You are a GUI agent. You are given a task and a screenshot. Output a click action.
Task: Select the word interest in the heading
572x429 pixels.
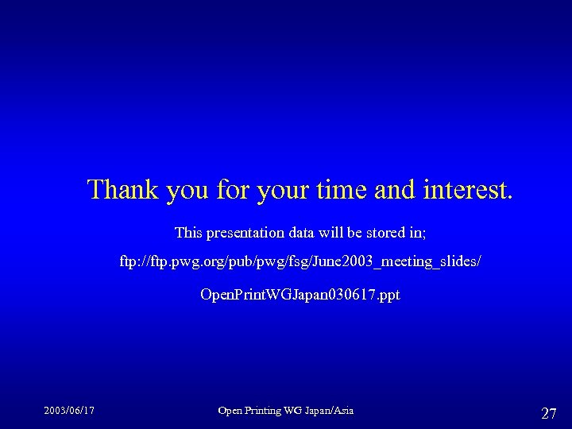click(x=466, y=190)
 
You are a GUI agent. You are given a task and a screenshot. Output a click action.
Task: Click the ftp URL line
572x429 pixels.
click(x=300, y=261)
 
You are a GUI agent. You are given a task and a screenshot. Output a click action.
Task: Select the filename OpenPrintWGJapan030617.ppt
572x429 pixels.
click(x=300, y=295)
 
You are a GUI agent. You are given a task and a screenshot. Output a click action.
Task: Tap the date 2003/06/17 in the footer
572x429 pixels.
click(x=69, y=411)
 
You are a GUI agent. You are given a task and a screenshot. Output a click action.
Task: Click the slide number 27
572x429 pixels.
click(x=548, y=413)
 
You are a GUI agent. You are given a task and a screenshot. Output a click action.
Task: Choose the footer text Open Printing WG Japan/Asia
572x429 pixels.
click(x=286, y=411)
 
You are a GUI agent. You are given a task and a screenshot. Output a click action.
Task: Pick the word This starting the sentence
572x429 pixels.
click(x=188, y=233)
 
